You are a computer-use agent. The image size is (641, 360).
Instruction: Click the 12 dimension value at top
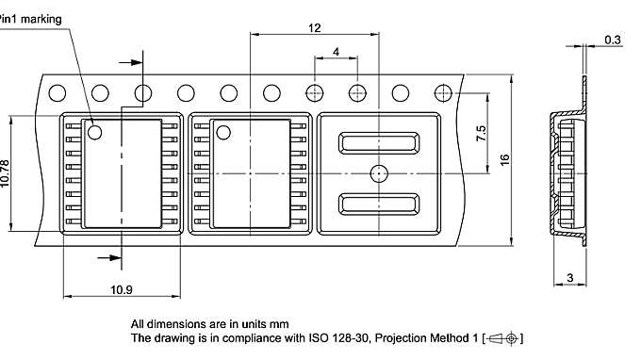(x=314, y=28)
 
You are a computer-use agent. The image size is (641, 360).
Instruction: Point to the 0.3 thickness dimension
(x=613, y=40)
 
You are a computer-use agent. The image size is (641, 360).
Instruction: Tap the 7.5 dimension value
(x=481, y=133)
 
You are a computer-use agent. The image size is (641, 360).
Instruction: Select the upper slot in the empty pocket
(x=379, y=143)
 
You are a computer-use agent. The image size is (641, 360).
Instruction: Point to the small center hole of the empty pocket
(x=379, y=173)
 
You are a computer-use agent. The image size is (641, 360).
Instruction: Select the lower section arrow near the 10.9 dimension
(x=109, y=255)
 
